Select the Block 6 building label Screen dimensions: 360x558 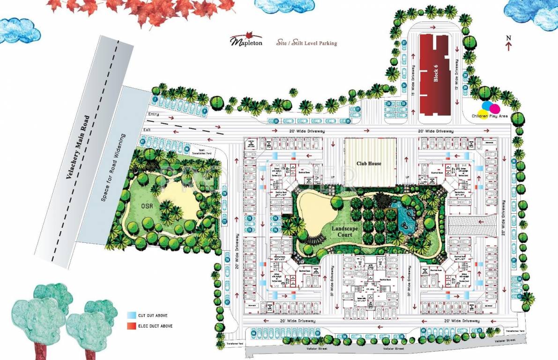[436, 75]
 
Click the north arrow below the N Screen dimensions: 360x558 [509, 46]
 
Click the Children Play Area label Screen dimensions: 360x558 [490, 115]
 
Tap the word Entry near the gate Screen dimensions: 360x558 [153, 114]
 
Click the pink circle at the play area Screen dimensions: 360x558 [494, 109]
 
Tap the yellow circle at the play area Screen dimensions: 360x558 [483, 116]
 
